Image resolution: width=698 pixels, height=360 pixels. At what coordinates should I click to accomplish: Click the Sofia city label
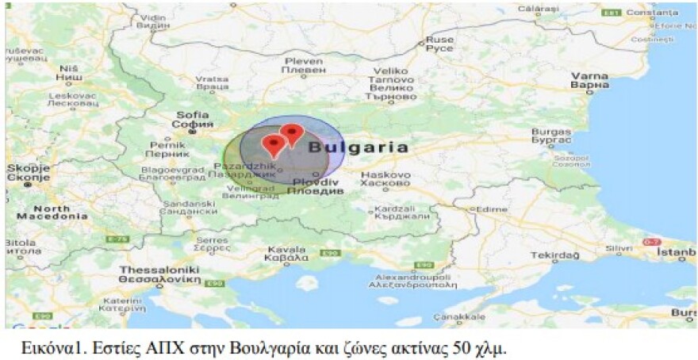click(x=194, y=120)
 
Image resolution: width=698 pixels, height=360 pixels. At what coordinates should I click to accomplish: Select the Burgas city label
click(x=551, y=136)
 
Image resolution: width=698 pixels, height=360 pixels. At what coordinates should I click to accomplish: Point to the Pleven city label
click(x=304, y=65)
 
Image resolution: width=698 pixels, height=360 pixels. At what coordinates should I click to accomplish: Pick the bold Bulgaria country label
click(x=359, y=147)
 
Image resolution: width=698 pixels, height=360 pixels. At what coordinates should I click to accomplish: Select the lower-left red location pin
click(x=274, y=145)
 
